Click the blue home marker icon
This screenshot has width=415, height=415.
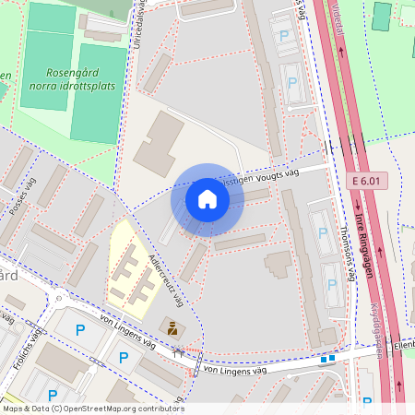coord(207,198)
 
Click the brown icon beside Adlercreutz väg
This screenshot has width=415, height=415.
coord(172,326)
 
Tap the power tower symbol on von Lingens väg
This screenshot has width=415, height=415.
coord(179,351)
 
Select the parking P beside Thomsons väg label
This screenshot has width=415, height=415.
coord(323,233)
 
